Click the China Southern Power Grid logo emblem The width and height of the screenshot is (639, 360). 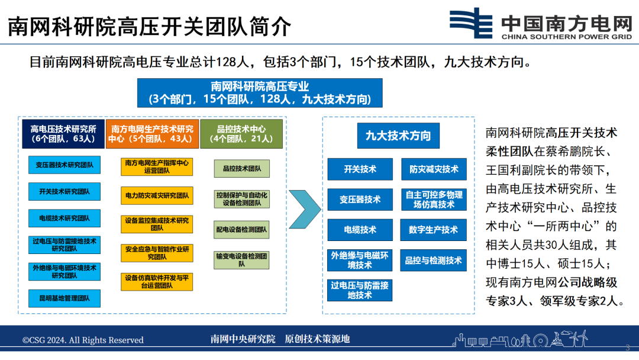point(471,24)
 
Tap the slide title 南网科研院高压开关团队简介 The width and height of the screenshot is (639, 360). point(149,27)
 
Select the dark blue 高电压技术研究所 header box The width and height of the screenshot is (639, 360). point(63,134)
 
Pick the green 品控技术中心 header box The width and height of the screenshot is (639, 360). point(241,134)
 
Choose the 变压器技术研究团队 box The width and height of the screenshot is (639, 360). point(64,165)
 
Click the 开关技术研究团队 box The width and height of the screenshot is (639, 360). point(64,191)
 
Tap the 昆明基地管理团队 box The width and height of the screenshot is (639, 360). point(64,298)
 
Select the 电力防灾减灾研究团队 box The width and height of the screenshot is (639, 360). point(157,195)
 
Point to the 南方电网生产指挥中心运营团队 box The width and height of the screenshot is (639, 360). point(157,166)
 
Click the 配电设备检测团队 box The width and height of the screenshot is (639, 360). point(241,229)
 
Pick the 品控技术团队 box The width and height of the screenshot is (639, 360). point(241,169)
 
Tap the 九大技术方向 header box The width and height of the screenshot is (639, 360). point(398,136)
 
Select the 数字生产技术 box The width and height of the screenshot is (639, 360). point(433,230)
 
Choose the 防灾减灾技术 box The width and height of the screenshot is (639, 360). point(433,169)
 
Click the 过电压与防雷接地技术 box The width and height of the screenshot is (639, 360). point(360,290)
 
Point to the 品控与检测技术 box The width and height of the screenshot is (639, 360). point(433,261)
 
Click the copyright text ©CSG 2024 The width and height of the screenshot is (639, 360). point(83,340)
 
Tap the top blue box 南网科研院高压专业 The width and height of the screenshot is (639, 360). point(260,93)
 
